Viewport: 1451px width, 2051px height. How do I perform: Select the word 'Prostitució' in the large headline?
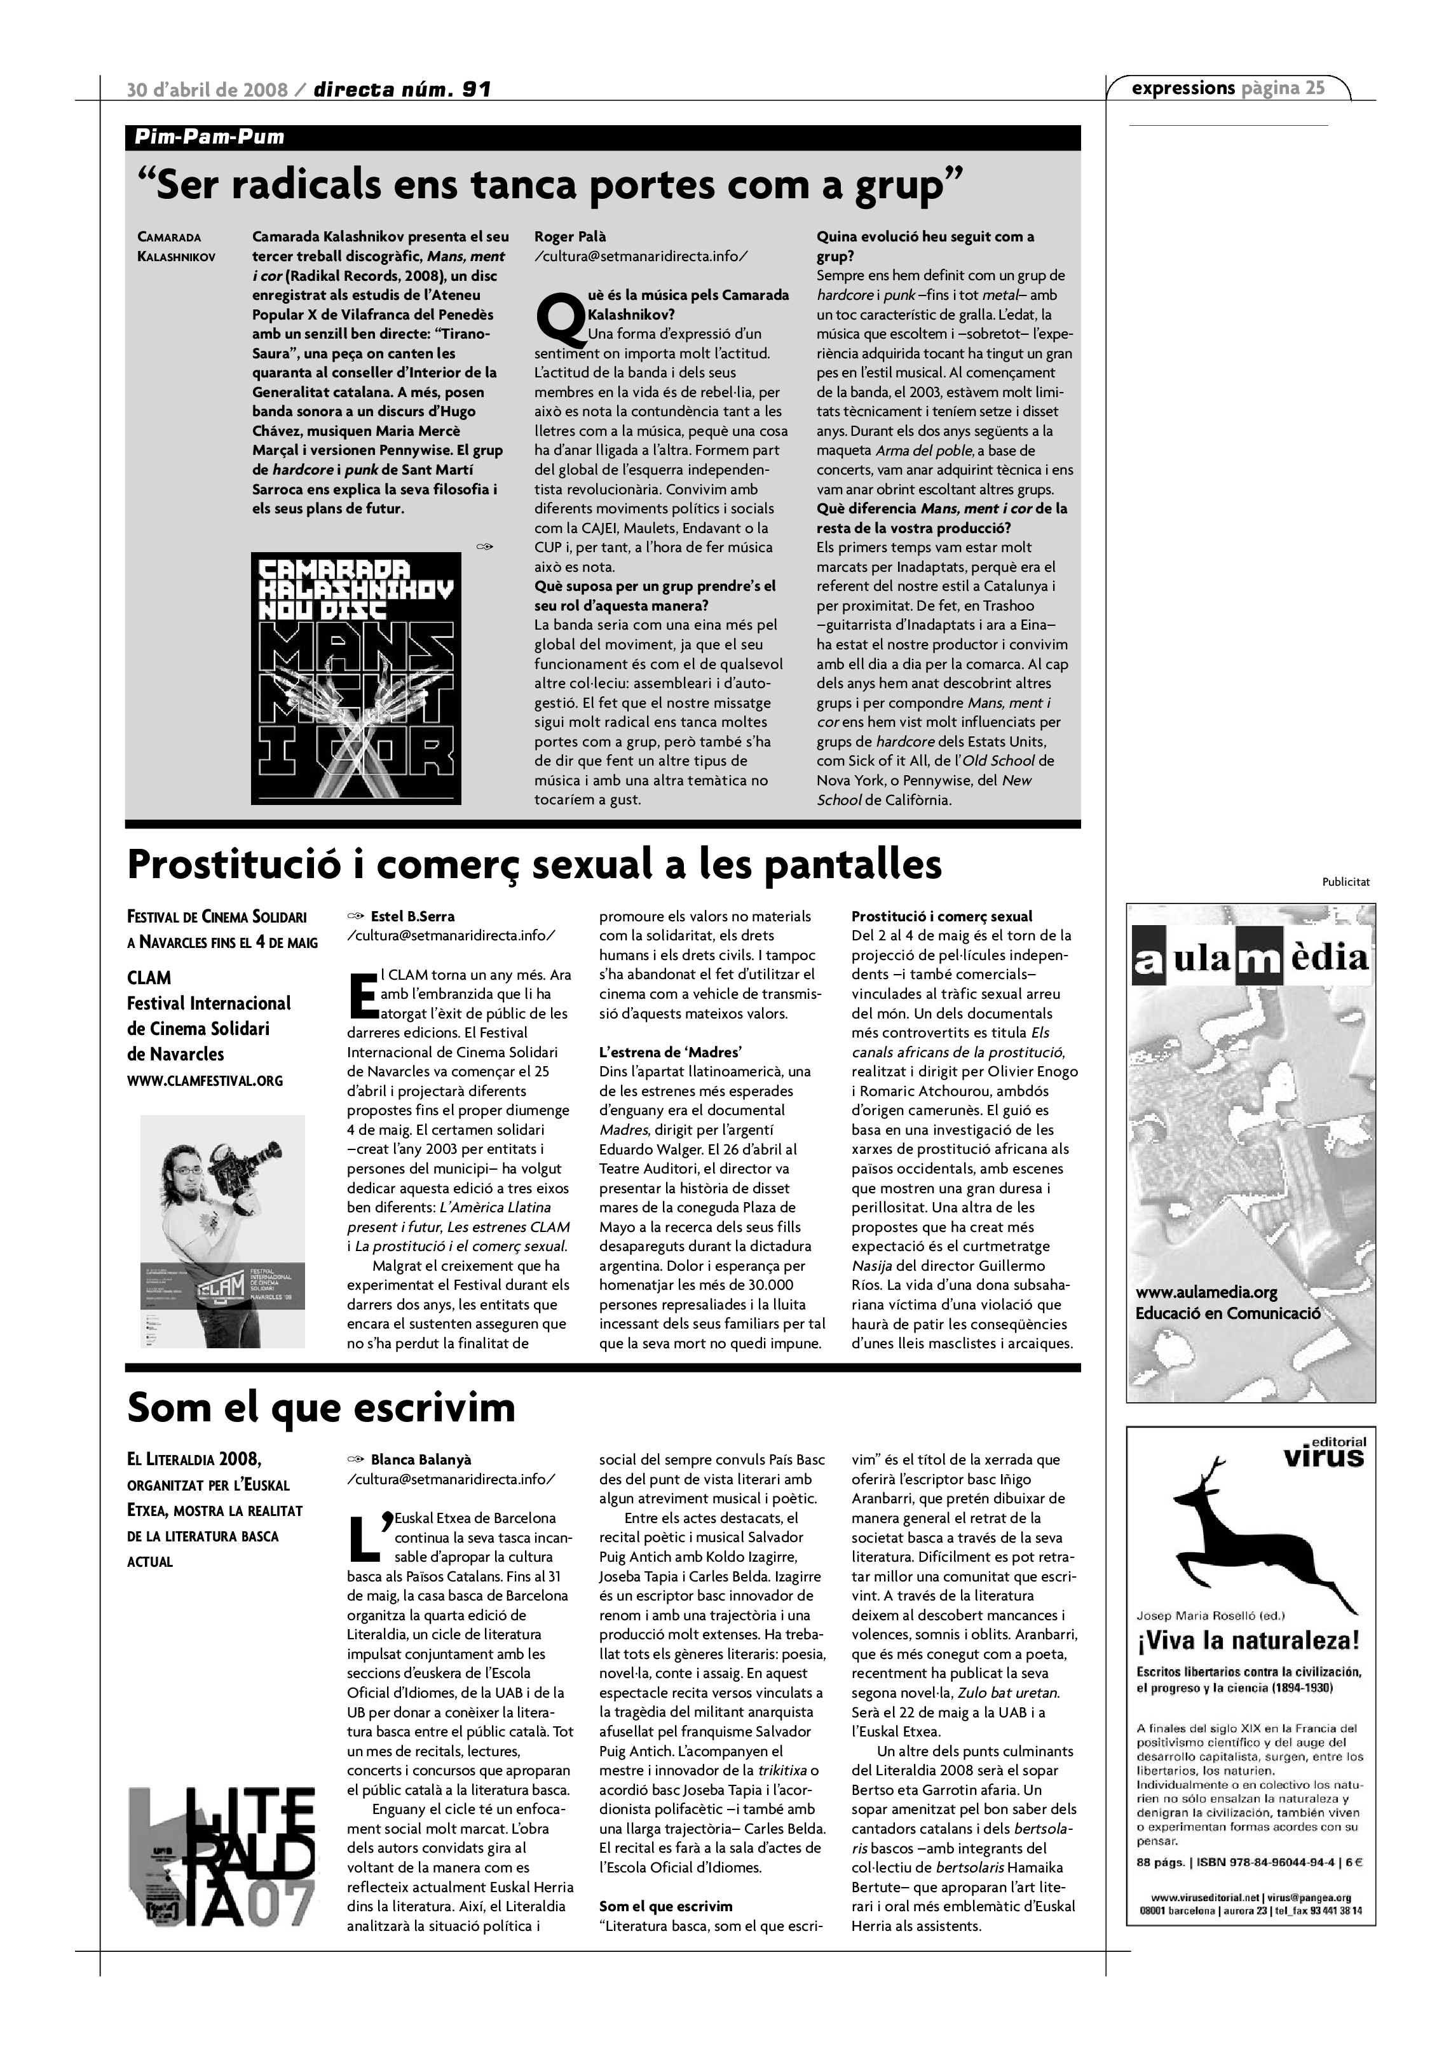click(238, 865)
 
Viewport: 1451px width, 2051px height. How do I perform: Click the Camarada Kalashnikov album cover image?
click(356, 678)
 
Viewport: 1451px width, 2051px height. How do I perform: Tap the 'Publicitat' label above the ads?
click(1345, 883)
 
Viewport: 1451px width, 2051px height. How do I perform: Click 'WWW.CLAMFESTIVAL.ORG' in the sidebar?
click(205, 1081)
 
